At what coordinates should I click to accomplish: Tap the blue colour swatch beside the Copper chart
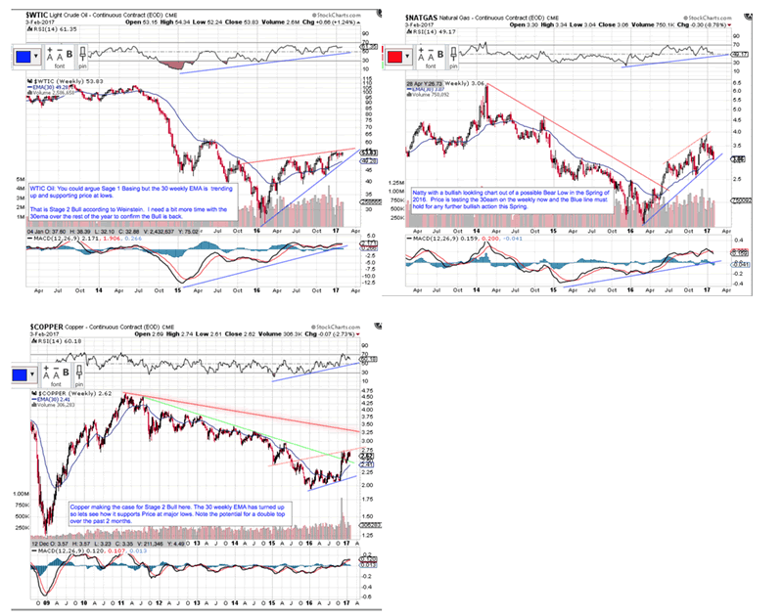click(x=18, y=373)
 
